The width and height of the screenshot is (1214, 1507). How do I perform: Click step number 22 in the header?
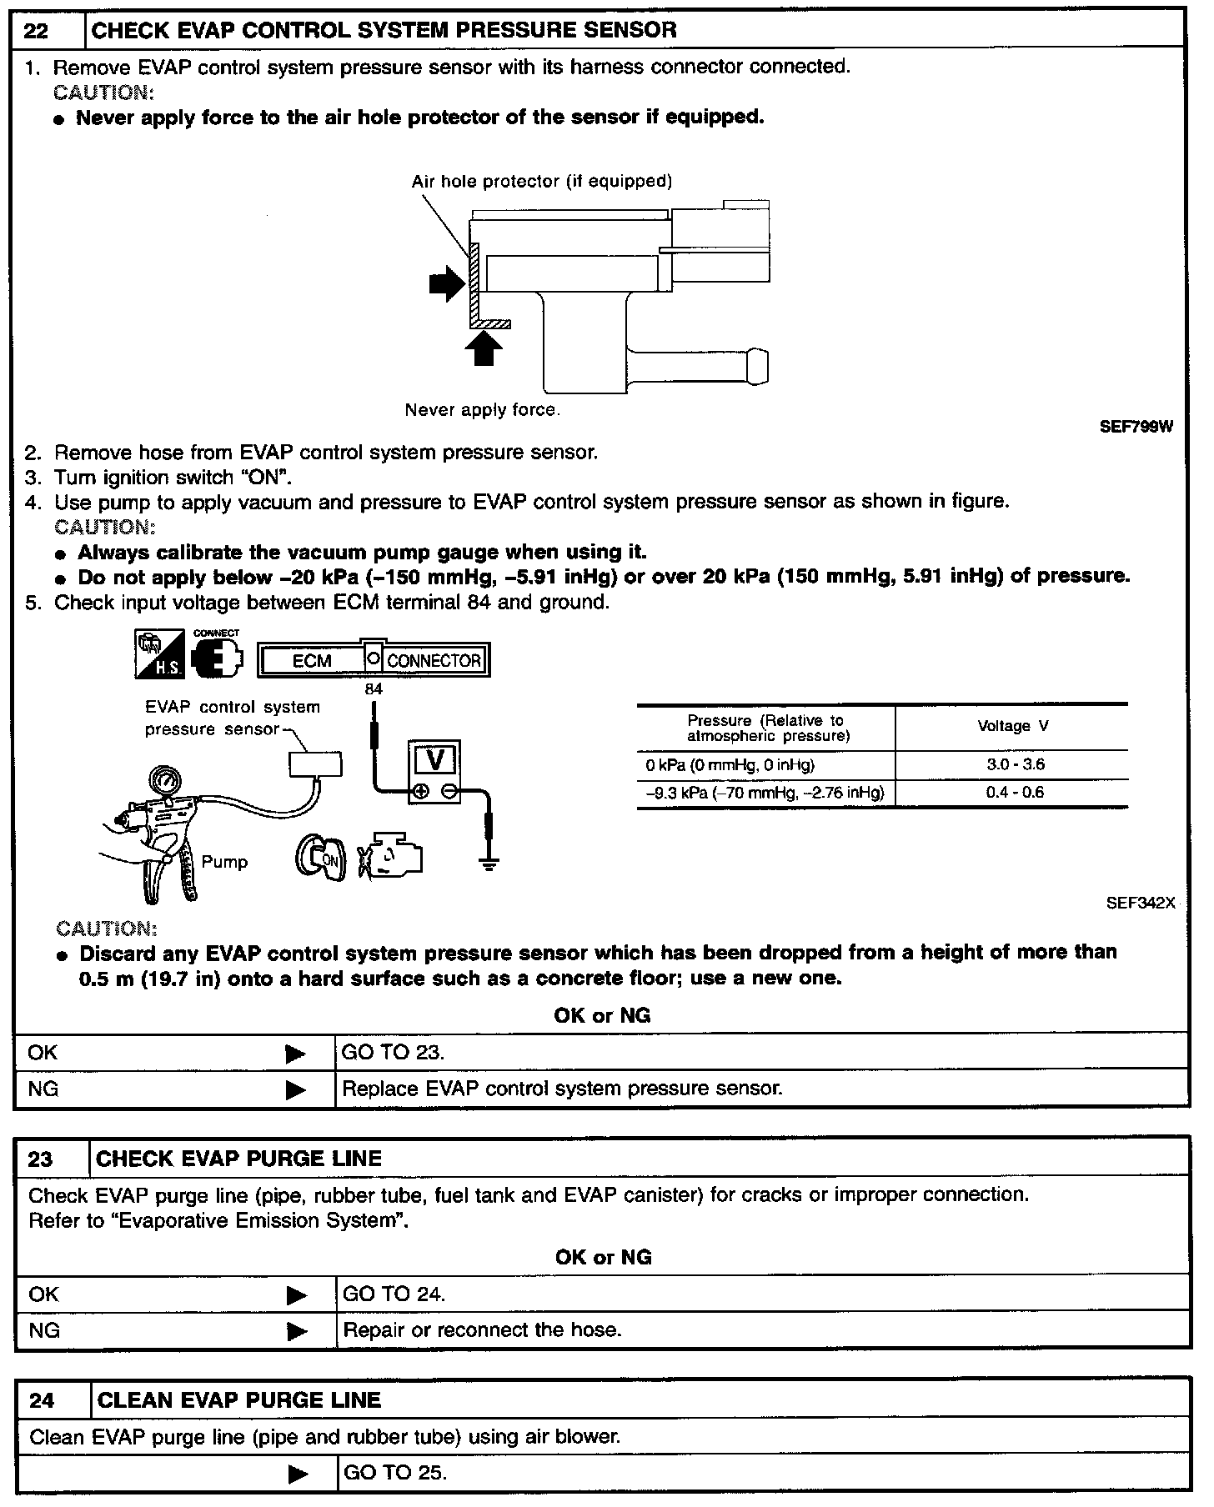point(36,31)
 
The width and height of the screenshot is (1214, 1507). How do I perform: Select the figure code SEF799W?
point(1136,427)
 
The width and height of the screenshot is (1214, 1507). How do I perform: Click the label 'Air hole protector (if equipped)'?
point(541,181)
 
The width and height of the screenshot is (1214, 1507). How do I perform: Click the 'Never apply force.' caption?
point(482,410)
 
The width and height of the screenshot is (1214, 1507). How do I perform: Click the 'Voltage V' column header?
point(1013,726)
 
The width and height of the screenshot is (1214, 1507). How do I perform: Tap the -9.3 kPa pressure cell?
point(765,793)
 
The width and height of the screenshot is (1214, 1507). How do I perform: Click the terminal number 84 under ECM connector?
point(374,689)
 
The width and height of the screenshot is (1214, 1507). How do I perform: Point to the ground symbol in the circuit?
point(489,865)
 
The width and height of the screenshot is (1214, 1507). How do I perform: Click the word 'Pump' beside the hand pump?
point(224,862)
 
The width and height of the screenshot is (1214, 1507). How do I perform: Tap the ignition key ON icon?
point(321,860)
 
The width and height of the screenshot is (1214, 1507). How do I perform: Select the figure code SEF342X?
point(1140,902)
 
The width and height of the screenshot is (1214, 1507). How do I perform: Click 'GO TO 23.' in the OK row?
point(393,1052)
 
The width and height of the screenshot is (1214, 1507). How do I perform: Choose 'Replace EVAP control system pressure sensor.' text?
point(563,1089)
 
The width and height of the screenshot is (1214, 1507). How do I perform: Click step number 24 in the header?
point(42,1400)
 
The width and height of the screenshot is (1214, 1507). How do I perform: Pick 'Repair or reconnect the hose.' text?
point(483,1329)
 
